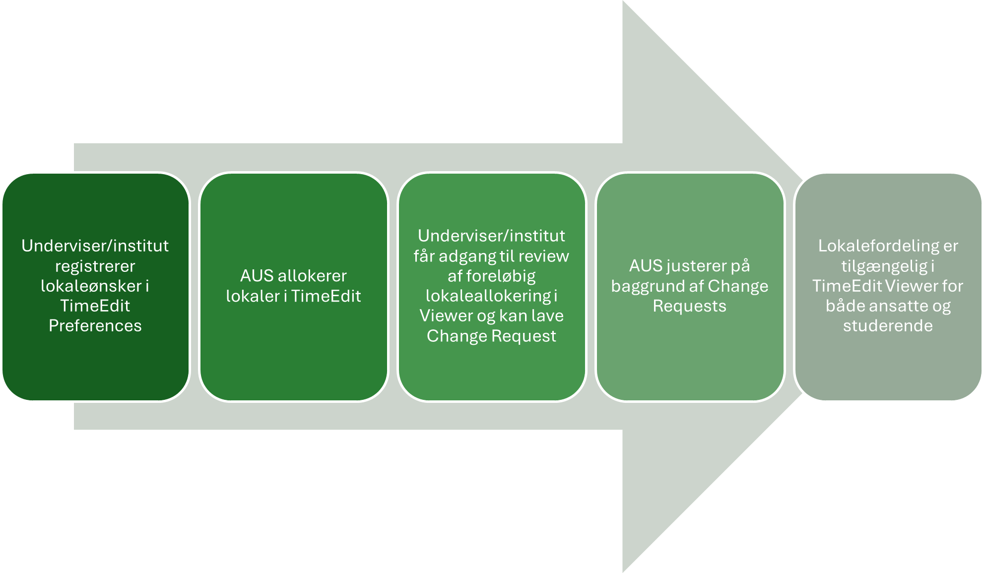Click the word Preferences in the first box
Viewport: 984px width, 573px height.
95,325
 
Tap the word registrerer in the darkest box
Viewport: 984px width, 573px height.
95,267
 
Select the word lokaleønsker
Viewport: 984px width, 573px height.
91,286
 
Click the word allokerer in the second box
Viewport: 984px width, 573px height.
312,276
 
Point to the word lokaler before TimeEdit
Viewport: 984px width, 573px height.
252,296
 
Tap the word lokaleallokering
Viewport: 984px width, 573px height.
488,297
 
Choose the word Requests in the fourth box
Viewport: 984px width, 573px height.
690,306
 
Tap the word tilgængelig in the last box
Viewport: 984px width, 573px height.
884,267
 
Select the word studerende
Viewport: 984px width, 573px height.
888,326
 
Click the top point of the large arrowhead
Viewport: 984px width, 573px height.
623,1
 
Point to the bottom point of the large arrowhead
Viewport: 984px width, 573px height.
623,572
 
